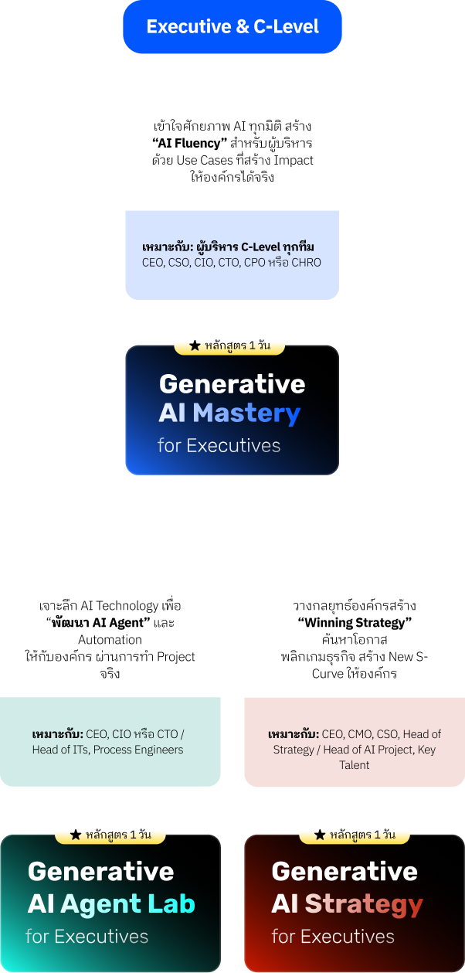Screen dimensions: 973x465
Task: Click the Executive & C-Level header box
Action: (232, 27)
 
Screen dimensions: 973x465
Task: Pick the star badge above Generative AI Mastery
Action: (229, 345)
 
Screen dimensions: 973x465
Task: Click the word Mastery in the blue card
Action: (246, 413)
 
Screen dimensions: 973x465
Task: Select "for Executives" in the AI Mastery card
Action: (219, 445)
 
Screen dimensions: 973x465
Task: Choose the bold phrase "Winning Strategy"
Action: (355, 623)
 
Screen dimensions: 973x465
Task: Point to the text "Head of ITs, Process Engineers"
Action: (108, 749)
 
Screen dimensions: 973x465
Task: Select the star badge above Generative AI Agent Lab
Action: (110, 835)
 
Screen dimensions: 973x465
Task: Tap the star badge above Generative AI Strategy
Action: (354, 835)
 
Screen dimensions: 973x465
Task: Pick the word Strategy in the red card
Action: (364, 903)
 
